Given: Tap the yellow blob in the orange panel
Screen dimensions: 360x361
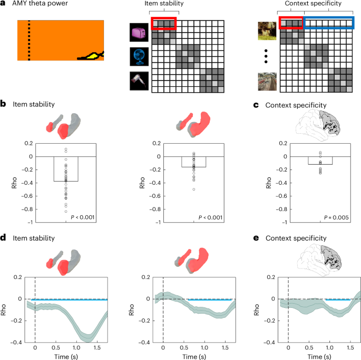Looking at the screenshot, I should (x=89, y=55).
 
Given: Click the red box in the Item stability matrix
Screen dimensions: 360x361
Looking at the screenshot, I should (x=163, y=23).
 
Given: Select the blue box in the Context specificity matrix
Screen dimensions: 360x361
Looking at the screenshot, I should (x=329, y=23).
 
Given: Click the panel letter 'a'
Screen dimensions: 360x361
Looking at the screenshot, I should (x=3, y=5).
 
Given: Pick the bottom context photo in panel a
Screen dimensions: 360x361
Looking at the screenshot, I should (x=267, y=82).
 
